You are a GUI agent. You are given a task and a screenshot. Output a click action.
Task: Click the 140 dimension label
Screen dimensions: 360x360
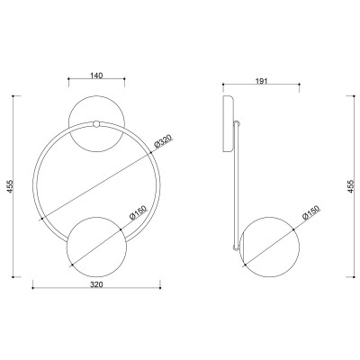96,75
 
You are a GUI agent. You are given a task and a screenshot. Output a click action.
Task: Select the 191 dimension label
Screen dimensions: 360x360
261,81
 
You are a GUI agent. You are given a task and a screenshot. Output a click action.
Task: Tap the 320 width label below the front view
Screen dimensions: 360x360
96,284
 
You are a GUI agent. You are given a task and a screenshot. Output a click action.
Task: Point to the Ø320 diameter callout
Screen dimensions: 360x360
165,141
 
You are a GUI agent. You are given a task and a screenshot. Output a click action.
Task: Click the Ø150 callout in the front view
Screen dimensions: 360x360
139,212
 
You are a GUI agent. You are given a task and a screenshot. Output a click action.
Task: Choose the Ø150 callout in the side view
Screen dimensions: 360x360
311,212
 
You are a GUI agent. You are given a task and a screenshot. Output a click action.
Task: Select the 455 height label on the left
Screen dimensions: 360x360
11,186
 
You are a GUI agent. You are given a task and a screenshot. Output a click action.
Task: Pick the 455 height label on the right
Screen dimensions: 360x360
351,186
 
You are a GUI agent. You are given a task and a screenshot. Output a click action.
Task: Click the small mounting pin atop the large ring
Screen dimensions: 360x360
96,124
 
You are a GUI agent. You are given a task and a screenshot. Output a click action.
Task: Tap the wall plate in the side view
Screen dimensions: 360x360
229,124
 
